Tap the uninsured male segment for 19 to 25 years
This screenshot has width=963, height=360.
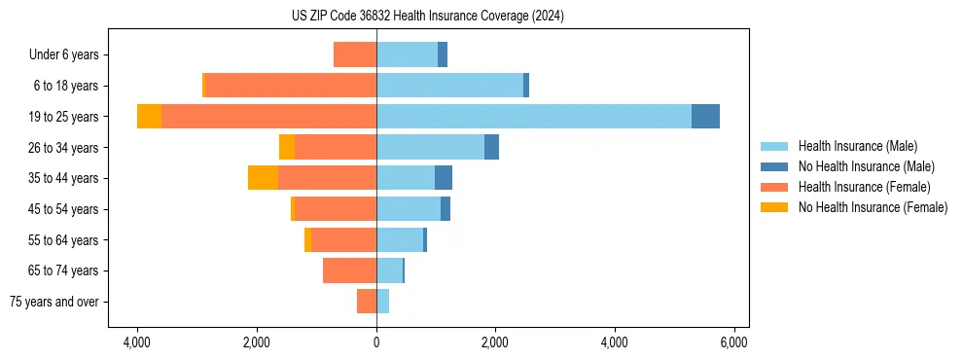click(x=705, y=117)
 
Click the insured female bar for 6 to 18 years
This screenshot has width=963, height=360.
click(x=291, y=86)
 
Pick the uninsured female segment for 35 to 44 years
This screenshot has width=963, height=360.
click(x=263, y=178)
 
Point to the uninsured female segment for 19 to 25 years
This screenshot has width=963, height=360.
click(x=149, y=117)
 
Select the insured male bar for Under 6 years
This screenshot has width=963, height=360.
click(x=407, y=54)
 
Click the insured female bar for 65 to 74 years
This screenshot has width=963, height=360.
click(x=349, y=270)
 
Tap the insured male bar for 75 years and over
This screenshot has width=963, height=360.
click(x=382, y=302)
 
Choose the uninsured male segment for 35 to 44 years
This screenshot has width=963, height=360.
click(x=444, y=178)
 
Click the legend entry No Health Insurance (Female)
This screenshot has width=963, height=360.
click(x=873, y=207)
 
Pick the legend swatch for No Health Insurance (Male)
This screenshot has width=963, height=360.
click(x=774, y=166)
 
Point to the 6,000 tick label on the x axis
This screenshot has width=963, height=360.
click(x=733, y=342)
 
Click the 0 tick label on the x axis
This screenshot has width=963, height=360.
click(x=376, y=342)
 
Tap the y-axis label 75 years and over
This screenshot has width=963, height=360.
click(x=54, y=302)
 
